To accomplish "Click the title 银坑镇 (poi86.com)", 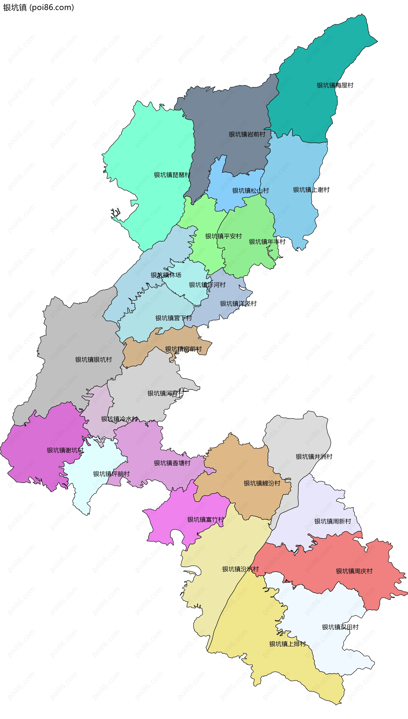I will click(x=38, y=8).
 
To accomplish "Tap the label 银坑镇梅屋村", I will click(x=335, y=85).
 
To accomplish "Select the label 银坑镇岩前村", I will click(x=247, y=134).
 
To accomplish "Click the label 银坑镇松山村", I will click(x=250, y=191).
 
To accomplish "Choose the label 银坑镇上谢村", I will click(x=311, y=190).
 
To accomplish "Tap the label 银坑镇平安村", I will click(x=223, y=236).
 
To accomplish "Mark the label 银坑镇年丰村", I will click(x=267, y=242).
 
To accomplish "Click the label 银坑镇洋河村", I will click(x=207, y=285).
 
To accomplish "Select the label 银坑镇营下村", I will click(x=173, y=318).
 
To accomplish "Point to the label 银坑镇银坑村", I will click(x=93, y=359).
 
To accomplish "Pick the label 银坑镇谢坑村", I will click(x=65, y=450).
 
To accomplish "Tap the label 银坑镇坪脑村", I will click(x=111, y=474).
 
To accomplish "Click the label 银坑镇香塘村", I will click(x=172, y=463).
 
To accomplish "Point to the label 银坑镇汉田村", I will click(x=340, y=627).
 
